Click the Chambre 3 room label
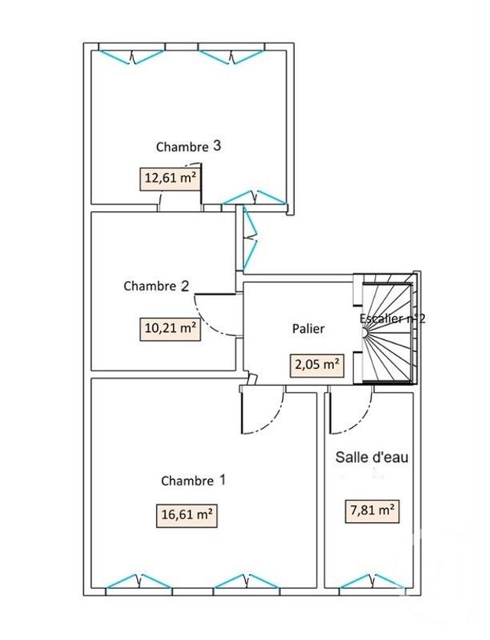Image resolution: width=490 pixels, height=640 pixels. tap(188, 145)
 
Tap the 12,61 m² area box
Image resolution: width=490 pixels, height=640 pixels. tap(170, 179)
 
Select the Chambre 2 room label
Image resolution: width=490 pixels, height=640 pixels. tap(156, 286)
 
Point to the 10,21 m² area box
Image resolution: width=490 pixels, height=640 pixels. tap(170, 329)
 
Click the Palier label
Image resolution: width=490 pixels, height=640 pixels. tap(309, 328)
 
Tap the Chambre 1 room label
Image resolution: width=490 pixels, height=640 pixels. tap(193, 481)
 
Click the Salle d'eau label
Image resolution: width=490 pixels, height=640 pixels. tap(372, 458)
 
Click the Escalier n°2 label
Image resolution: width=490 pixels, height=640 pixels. tap(392, 318)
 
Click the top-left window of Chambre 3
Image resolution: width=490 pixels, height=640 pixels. tap(132, 55)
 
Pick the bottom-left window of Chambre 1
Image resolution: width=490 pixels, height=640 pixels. tap(138, 582)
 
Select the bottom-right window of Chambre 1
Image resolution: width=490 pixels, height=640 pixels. tap(245, 582)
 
